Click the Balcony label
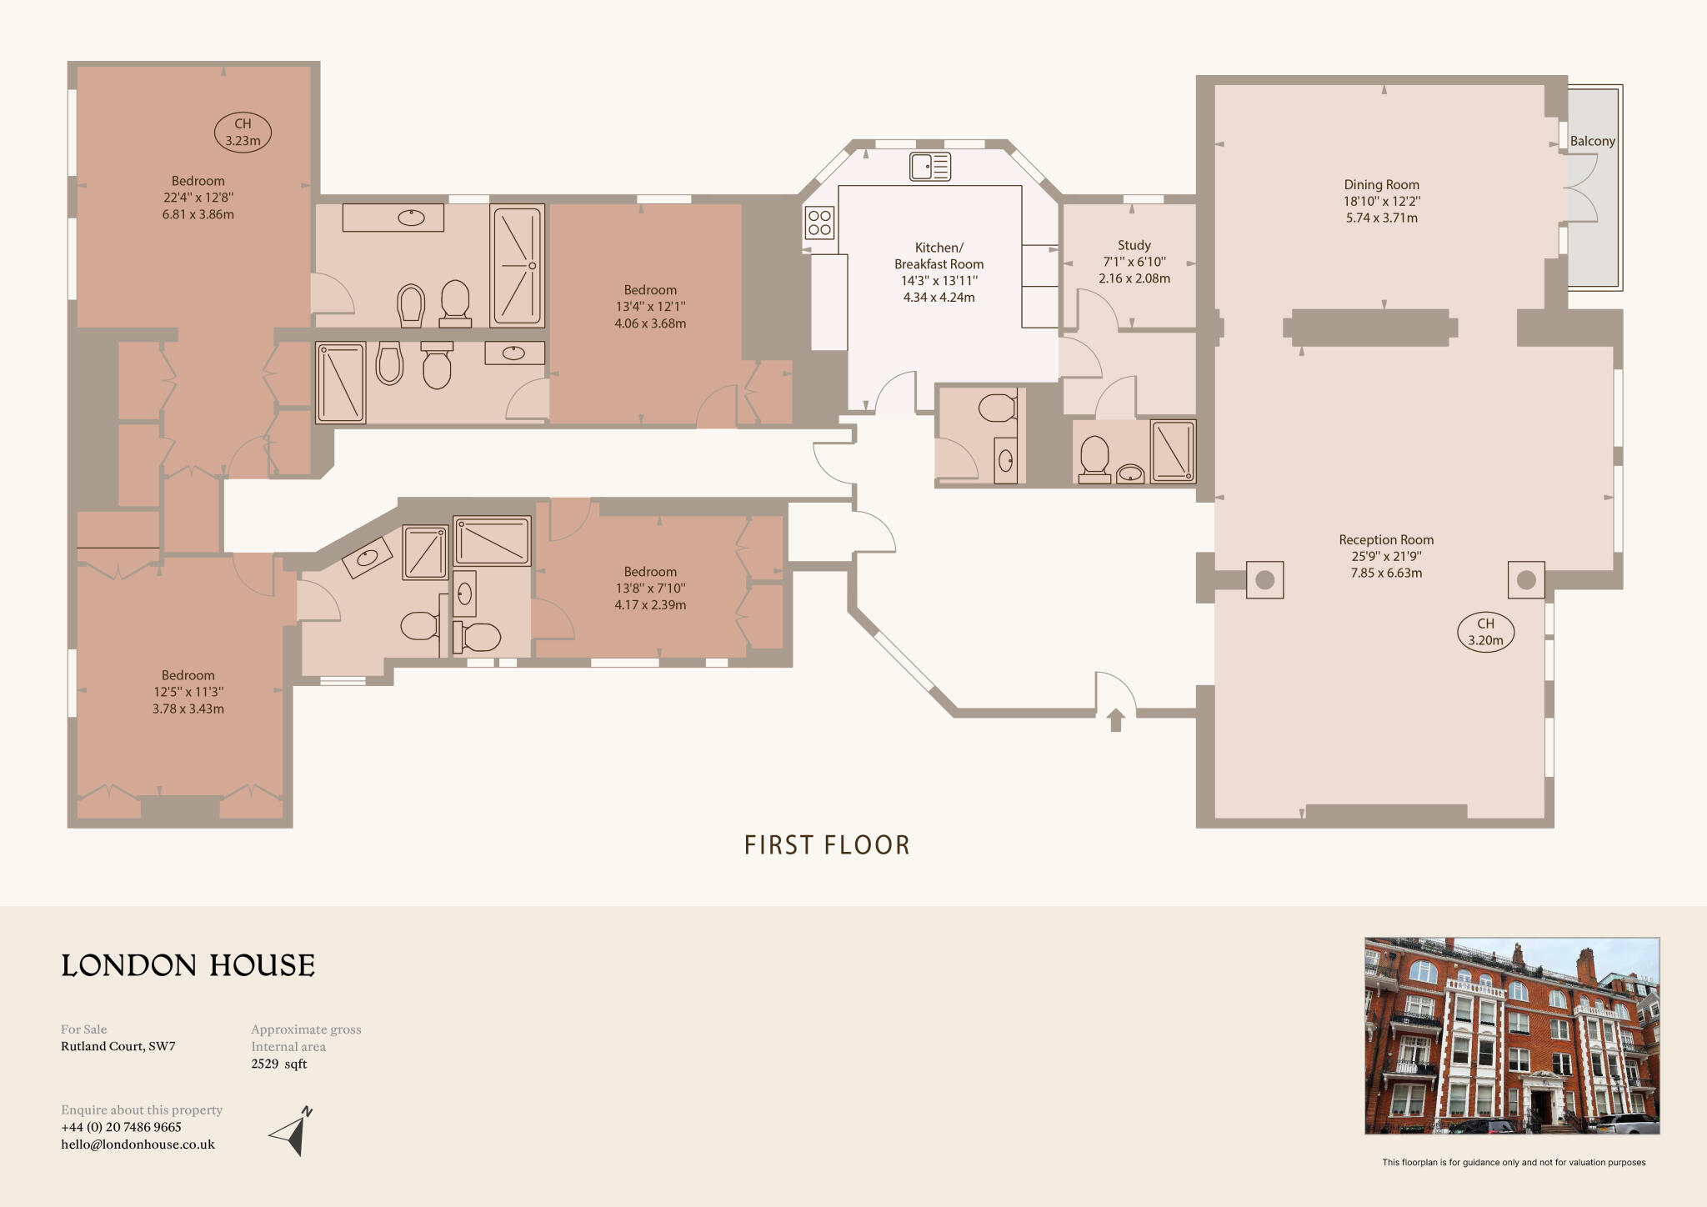1592,141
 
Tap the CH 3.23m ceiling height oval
243,132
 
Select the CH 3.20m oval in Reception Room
1485,632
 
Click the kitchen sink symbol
930,167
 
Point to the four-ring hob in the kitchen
819,222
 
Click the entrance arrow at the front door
1115,719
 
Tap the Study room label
1134,245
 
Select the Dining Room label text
1381,185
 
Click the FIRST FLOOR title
827,845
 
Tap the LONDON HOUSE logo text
188,965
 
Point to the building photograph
1511,1035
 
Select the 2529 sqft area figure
279,1064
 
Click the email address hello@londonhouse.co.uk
138,1144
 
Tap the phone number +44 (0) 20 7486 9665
121,1127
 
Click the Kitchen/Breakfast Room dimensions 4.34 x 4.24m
939,298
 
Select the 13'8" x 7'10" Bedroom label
650,588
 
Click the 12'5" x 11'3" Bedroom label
188,692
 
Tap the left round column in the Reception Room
1264,580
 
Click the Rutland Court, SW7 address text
118,1046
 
